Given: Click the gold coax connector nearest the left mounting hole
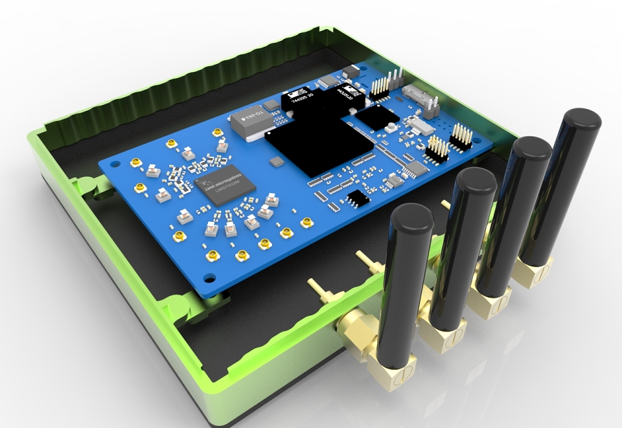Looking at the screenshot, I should click(x=136, y=163).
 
